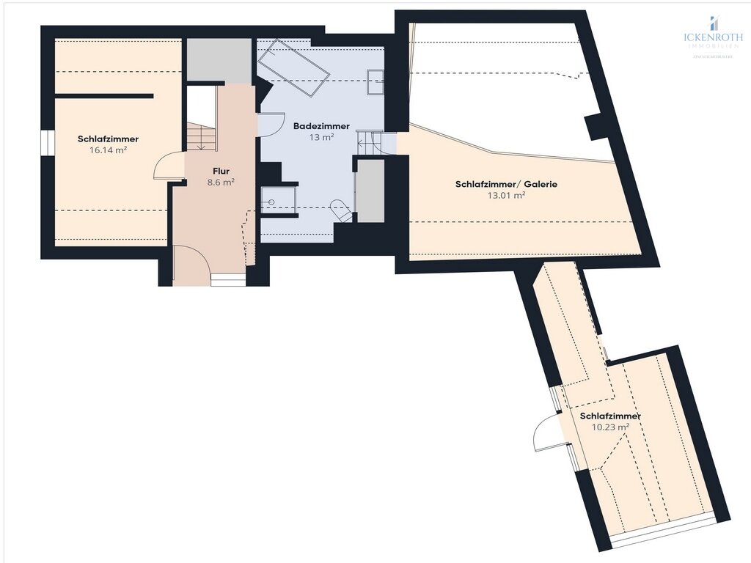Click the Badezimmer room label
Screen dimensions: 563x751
pos(321,126)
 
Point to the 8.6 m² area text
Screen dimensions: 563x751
pos(221,183)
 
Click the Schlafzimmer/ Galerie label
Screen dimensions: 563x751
pos(505,184)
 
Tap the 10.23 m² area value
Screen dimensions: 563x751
pos(610,427)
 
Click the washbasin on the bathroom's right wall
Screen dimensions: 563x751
pos(375,81)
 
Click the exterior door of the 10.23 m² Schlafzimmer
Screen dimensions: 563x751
pos(546,433)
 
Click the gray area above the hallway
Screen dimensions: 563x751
pos(218,60)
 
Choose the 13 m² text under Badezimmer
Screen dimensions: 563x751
pos(322,137)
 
